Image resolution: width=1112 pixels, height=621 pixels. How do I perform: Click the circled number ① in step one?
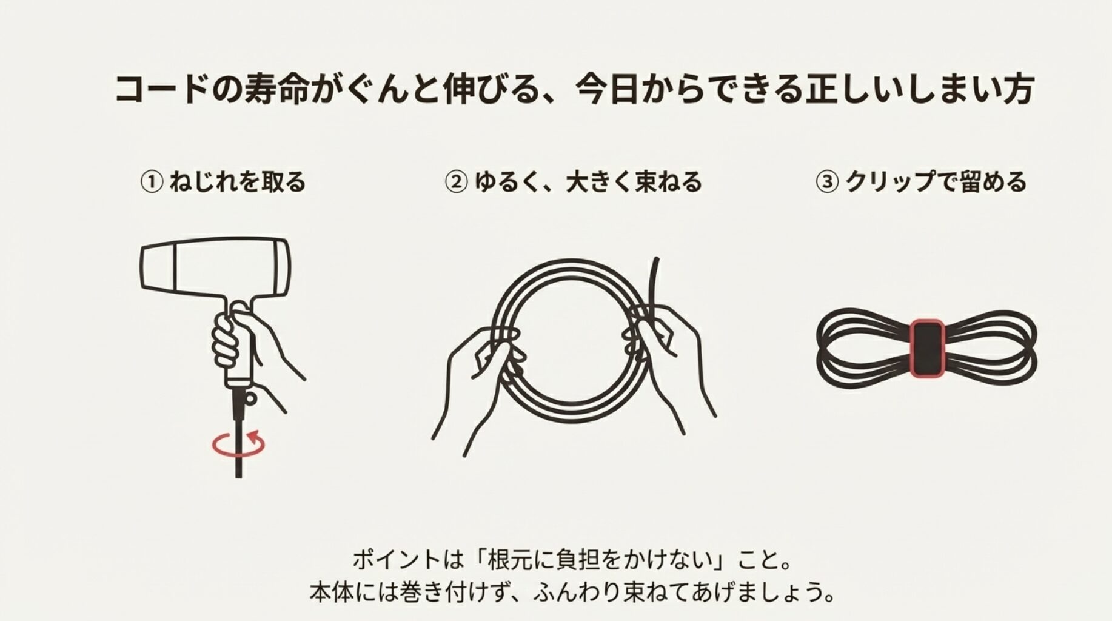(x=152, y=182)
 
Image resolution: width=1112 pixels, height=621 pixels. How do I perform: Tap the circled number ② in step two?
(x=456, y=182)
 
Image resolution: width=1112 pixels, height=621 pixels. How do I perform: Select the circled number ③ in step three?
(x=827, y=182)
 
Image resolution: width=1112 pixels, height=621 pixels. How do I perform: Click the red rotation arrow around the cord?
(x=239, y=445)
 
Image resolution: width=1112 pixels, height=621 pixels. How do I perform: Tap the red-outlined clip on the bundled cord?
(x=926, y=349)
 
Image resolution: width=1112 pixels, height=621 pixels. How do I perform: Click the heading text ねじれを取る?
(x=238, y=182)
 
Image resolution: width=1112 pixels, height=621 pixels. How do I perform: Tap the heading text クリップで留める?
(x=936, y=182)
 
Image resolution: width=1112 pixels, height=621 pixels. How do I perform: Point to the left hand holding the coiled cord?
(x=479, y=376)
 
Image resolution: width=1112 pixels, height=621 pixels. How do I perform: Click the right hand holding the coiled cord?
(x=667, y=352)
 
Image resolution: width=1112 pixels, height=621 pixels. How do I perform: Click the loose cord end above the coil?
(x=655, y=279)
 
